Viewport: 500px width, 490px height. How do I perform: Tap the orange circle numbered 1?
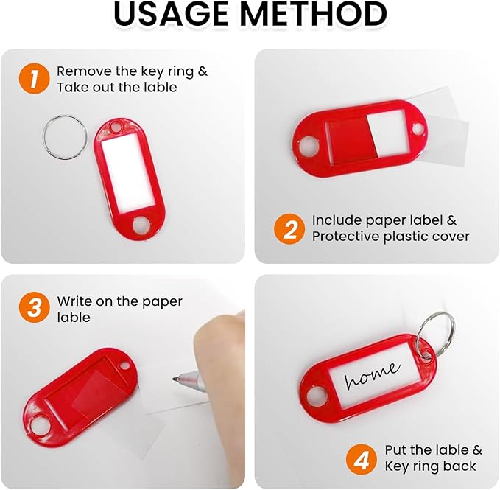[34, 79]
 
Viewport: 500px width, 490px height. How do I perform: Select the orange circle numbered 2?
[289, 229]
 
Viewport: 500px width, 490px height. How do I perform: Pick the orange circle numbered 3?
[34, 307]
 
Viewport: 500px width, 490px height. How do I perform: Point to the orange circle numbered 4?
[362, 459]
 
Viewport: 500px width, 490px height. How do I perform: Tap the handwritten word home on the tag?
[372, 376]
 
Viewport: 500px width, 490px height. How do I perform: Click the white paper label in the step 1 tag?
[127, 172]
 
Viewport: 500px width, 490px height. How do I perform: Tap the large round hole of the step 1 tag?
[141, 225]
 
